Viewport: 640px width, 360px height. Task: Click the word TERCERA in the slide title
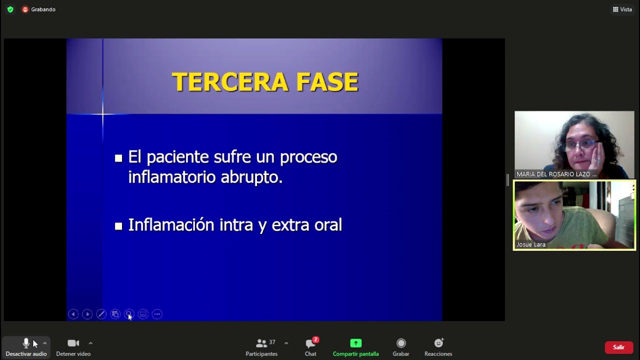click(x=230, y=82)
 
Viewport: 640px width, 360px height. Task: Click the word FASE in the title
click(x=327, y=82)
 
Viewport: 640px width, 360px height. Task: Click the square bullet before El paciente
click(x=118, y=158)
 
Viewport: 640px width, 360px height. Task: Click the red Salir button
click(x=618, y=347)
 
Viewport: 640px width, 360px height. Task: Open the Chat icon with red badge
click(x=310, y=343)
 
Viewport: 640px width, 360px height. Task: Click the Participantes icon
click(x=261, y=343)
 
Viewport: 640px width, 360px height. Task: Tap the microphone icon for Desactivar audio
click(x=26, y=343)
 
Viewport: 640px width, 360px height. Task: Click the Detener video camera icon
click(x=73, y=343)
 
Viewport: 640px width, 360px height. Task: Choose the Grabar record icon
click(x=401, y=343)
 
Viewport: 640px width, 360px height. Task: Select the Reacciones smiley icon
click(x=438, y=343)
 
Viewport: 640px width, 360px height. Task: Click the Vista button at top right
click(x=622, y=9)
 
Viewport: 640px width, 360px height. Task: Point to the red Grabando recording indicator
click(x=25, y=9)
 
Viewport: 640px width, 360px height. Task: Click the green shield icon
click(x=10, y=9)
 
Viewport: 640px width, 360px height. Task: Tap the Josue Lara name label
click(x=531, y=244)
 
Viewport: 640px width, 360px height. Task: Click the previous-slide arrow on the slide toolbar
click(x=73, y=314)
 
